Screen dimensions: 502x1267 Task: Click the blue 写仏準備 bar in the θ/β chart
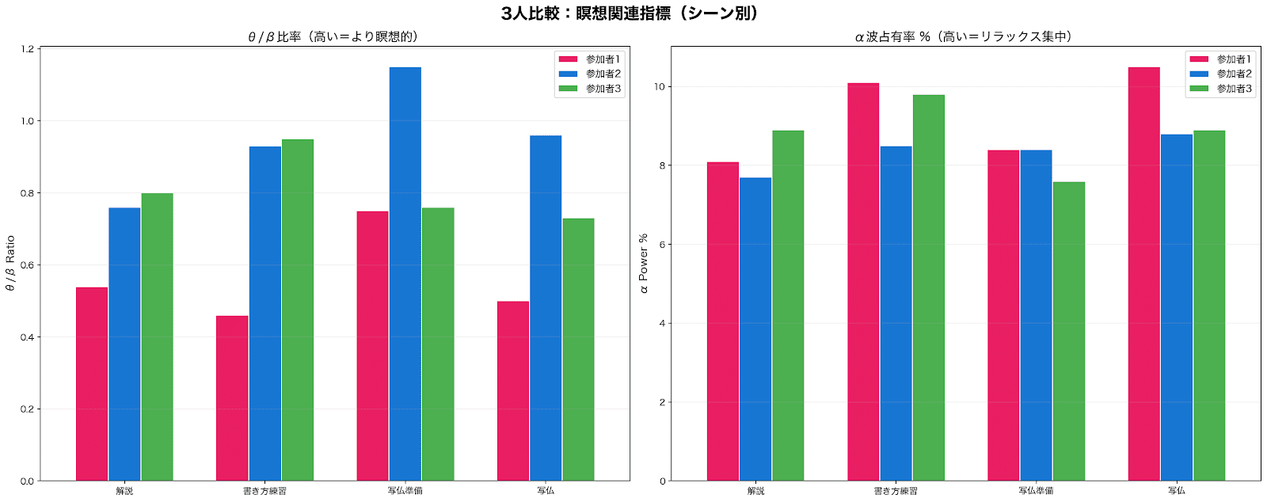tap(405, 274)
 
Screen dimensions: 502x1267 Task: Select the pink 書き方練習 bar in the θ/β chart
tap(232, 398)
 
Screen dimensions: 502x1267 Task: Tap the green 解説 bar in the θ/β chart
tap(157, 337)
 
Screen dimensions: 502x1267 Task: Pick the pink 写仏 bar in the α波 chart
tap(1143, 274)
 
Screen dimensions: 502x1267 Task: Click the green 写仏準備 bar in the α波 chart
tap(1069, 331)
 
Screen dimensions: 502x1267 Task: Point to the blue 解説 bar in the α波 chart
tap(755, 329)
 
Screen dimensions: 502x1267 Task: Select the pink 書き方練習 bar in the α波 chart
tap(863, 282)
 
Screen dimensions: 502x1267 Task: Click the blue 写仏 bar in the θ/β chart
tap(546, 308)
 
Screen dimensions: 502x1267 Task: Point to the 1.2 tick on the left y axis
tap(28, 49)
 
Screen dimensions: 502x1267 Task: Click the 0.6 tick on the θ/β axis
tap(28, 265)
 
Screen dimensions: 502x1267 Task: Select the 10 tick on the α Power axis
tap(659, 86)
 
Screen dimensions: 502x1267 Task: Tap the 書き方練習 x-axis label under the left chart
tap(264, 491)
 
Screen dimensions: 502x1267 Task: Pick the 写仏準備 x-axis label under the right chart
tap(1036, 491)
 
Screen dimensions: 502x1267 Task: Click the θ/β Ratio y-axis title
tap(10, 263)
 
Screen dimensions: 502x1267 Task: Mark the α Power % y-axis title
tap(643, 263)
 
